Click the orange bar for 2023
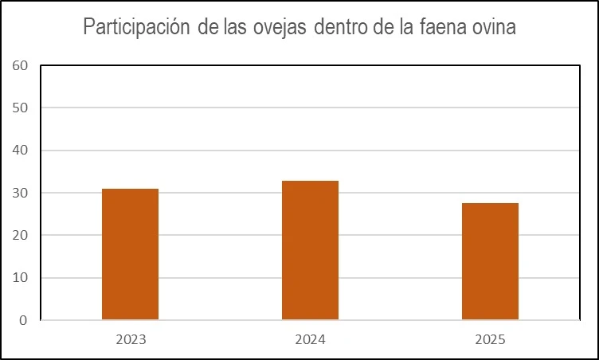pyautogui.click(x=130, y=254)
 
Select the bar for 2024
pyautogui.click(x=310, y=250)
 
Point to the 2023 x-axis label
pyautogui.click(x=130, y=339)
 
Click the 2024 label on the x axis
pyautogui.click(x=310, y=339)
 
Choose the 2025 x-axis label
pyautogui.click(x=490, y=339)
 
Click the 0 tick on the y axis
pyautogui.click(x=23, y=320)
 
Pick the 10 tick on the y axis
pyautogui.click(x=20, y=278)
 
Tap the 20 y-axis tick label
pyautogui.click(x=20, y=236)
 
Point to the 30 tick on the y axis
pyautogui.click(x=20, y=193)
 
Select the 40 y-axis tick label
pyautogui.click(x=20, y=151)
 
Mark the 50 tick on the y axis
pyautogui.click(x=20, y=108)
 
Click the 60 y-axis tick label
pyautogui.click(x=20, y=65)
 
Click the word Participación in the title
pyautogui.click(x=136, y=28)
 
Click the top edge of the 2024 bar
pyautogui.click(x=310, y=181)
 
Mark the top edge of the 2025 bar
pyautogui.click(x=490, y=203)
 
